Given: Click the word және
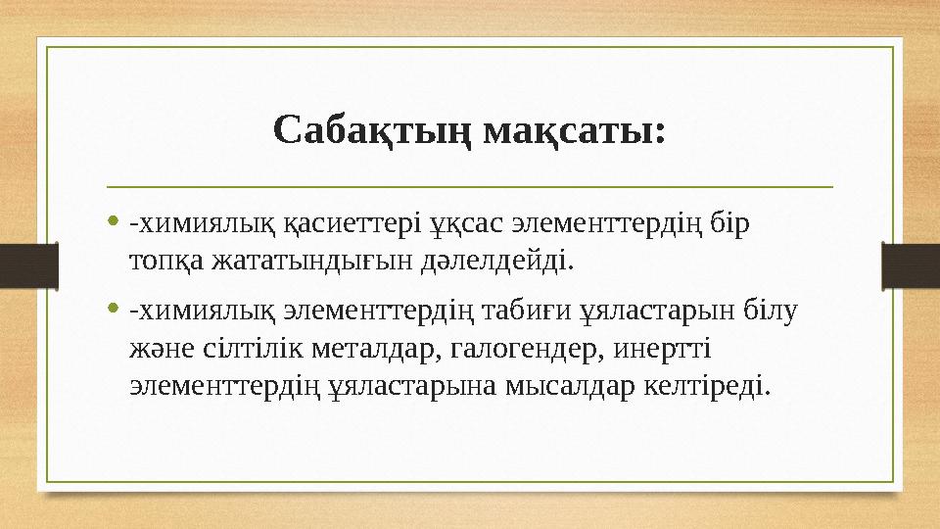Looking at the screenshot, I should (159, 349).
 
